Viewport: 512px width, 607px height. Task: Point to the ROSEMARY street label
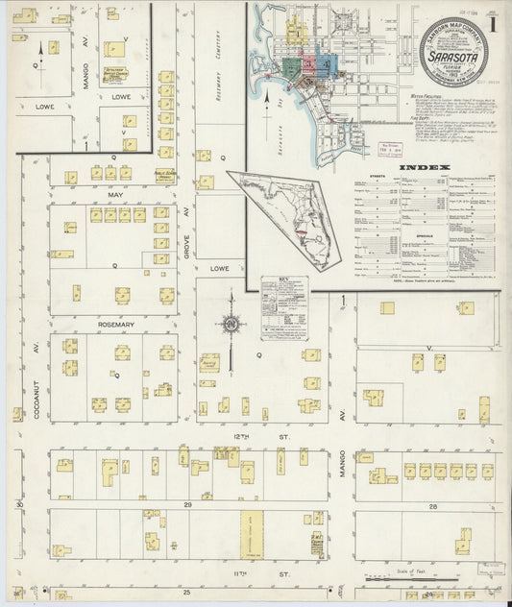pos(116,325)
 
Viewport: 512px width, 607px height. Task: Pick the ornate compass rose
pos(231,324)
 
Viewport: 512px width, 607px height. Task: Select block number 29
pos(188,503)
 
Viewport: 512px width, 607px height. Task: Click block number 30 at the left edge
pos(19,503)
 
